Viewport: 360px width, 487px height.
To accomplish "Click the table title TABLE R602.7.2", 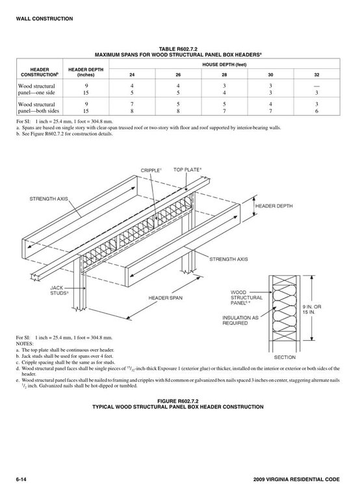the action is pyautogui.click(x=178, y=49).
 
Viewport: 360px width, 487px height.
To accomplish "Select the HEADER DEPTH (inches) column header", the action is pyautogui.click(x=86, y=72).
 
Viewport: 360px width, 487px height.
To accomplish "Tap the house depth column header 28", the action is pyautogui.click(x=224, y=75).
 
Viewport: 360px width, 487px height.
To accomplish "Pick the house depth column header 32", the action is pyautogui.click(x=316, y=75).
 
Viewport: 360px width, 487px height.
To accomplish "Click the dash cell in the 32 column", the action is pyautogui.click(x=316, y=86).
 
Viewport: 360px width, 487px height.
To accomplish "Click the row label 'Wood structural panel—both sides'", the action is pyautogui.click(x=38, y=108).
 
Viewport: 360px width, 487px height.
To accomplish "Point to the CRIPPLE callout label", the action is pyautogui.click(x=151, y=170).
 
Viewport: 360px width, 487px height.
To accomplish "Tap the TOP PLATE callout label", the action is pyautogui.click(x=187, y=169).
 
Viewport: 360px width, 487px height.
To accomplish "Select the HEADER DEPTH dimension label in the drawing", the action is pyautogui.click(x=274, y=206).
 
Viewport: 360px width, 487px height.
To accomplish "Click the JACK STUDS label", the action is pyautogui.click(x=59, y=291).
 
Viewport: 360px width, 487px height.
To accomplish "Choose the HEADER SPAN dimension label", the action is pyautogui.click(x=166, y=298).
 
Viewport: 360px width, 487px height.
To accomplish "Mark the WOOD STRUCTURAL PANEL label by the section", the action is pyautogui.click(x=246, y=297).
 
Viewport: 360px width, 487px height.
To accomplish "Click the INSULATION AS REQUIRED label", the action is pyautogui.click(x=240, y=321).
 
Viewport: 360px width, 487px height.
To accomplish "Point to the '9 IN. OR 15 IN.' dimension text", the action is pyautogui.click(x=312, y=309).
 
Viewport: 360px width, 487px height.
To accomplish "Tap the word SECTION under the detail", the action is pyautogui.click(x=285, y=358).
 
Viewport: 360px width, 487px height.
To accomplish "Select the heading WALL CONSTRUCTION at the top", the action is pyautogui.click(x=44, y=19).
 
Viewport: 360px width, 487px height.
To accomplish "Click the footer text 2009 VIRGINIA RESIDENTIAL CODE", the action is pyautogui.click(x=296, y=479).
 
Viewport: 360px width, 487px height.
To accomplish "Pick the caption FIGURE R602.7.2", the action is pyautogui.click(x=178, y=401).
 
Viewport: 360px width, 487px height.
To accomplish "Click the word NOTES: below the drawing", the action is pyautogui.click(x=25, y=343).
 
